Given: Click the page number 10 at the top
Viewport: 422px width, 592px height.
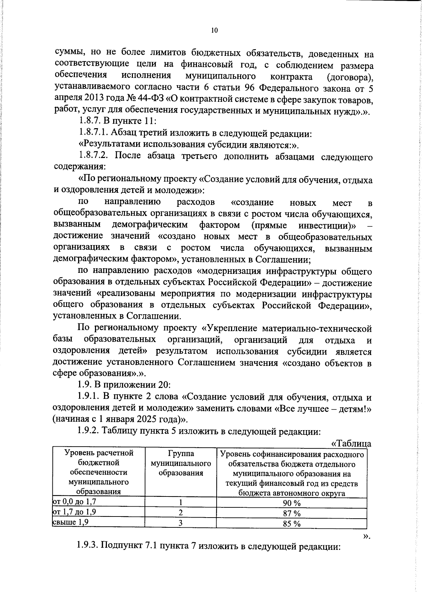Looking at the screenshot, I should pyautogui.click(x=214, y=31).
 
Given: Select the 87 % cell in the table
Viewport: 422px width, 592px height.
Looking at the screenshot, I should pyautogui.click(x=292, y=513).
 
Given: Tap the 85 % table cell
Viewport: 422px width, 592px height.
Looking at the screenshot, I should pyautogui.click(x=292, y=524).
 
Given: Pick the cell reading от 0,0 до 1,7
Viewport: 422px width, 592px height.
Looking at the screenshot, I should pyautogui.click(x=74, y=501).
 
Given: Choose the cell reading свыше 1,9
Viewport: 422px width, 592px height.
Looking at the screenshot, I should pyautogui.click(x=70, y=522).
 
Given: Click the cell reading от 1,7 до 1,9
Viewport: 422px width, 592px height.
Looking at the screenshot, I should pyautogui.click(x=74, y=512).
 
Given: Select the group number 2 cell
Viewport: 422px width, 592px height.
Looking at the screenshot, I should pyautogui.click(x=180, y=513).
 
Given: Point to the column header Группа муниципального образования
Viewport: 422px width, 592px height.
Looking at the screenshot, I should pyautogui.click(x=181, y=463).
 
